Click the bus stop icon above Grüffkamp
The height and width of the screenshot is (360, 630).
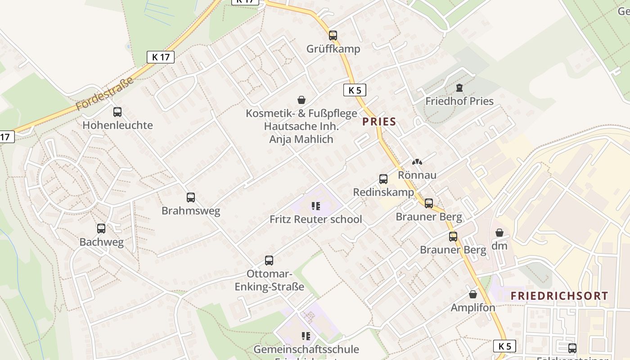[x=333, y=35]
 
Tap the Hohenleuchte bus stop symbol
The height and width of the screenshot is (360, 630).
[x=117, y=112]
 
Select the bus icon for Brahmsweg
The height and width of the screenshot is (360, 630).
[x=191, y=198]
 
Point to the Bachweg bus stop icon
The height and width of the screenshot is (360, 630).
[x=101, y=229]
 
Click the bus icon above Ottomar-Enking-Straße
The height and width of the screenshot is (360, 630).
[x=269, y=261]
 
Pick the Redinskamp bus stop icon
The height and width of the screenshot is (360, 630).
[x=383, y=179]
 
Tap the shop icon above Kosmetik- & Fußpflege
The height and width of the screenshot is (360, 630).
[x=301, y=100]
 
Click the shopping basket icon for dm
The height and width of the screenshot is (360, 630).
[x=499, y=233]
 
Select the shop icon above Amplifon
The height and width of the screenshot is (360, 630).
[x=473, y=295]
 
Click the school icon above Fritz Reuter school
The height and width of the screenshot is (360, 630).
[x=315, y=206]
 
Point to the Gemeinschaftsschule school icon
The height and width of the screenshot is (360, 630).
[x=306, y=336]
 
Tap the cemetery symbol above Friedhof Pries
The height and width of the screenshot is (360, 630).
[x=459, y=88]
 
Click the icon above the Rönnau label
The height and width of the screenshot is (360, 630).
[x=417, y=162]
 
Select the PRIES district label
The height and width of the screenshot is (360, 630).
[x=379, y=121]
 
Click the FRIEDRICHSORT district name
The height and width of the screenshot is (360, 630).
[x=559, y=296]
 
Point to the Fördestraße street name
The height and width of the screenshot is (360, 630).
[x=105, y=94]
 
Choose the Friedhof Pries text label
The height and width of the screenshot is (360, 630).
[x=459, y=101]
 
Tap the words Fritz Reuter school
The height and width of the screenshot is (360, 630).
[x=315, y=220]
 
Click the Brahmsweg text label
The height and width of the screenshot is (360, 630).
[x=191, y=211]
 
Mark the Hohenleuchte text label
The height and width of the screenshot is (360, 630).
[x=117, y=125]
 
